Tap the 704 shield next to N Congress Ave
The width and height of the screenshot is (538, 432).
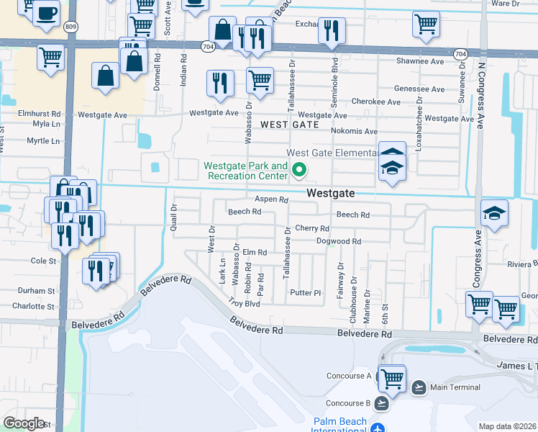point(461,54)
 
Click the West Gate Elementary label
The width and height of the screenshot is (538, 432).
point(332,153)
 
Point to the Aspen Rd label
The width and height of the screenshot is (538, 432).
point(271,199)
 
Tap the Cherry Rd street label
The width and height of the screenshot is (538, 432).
point(311,228)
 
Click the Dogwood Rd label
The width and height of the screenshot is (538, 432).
point(339,242)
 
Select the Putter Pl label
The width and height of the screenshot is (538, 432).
point(305,293)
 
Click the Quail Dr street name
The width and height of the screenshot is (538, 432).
point(173,216)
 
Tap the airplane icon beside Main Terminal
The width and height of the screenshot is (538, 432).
point(419,387)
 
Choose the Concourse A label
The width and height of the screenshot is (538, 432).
point(348,376)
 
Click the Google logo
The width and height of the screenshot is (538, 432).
point(24,423)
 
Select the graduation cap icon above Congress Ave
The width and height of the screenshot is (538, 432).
point(494,213)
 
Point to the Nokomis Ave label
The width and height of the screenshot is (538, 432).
point(354,131)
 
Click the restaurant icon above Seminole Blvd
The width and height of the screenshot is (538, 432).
point(332,30)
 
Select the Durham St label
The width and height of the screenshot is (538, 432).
point(36,291)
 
